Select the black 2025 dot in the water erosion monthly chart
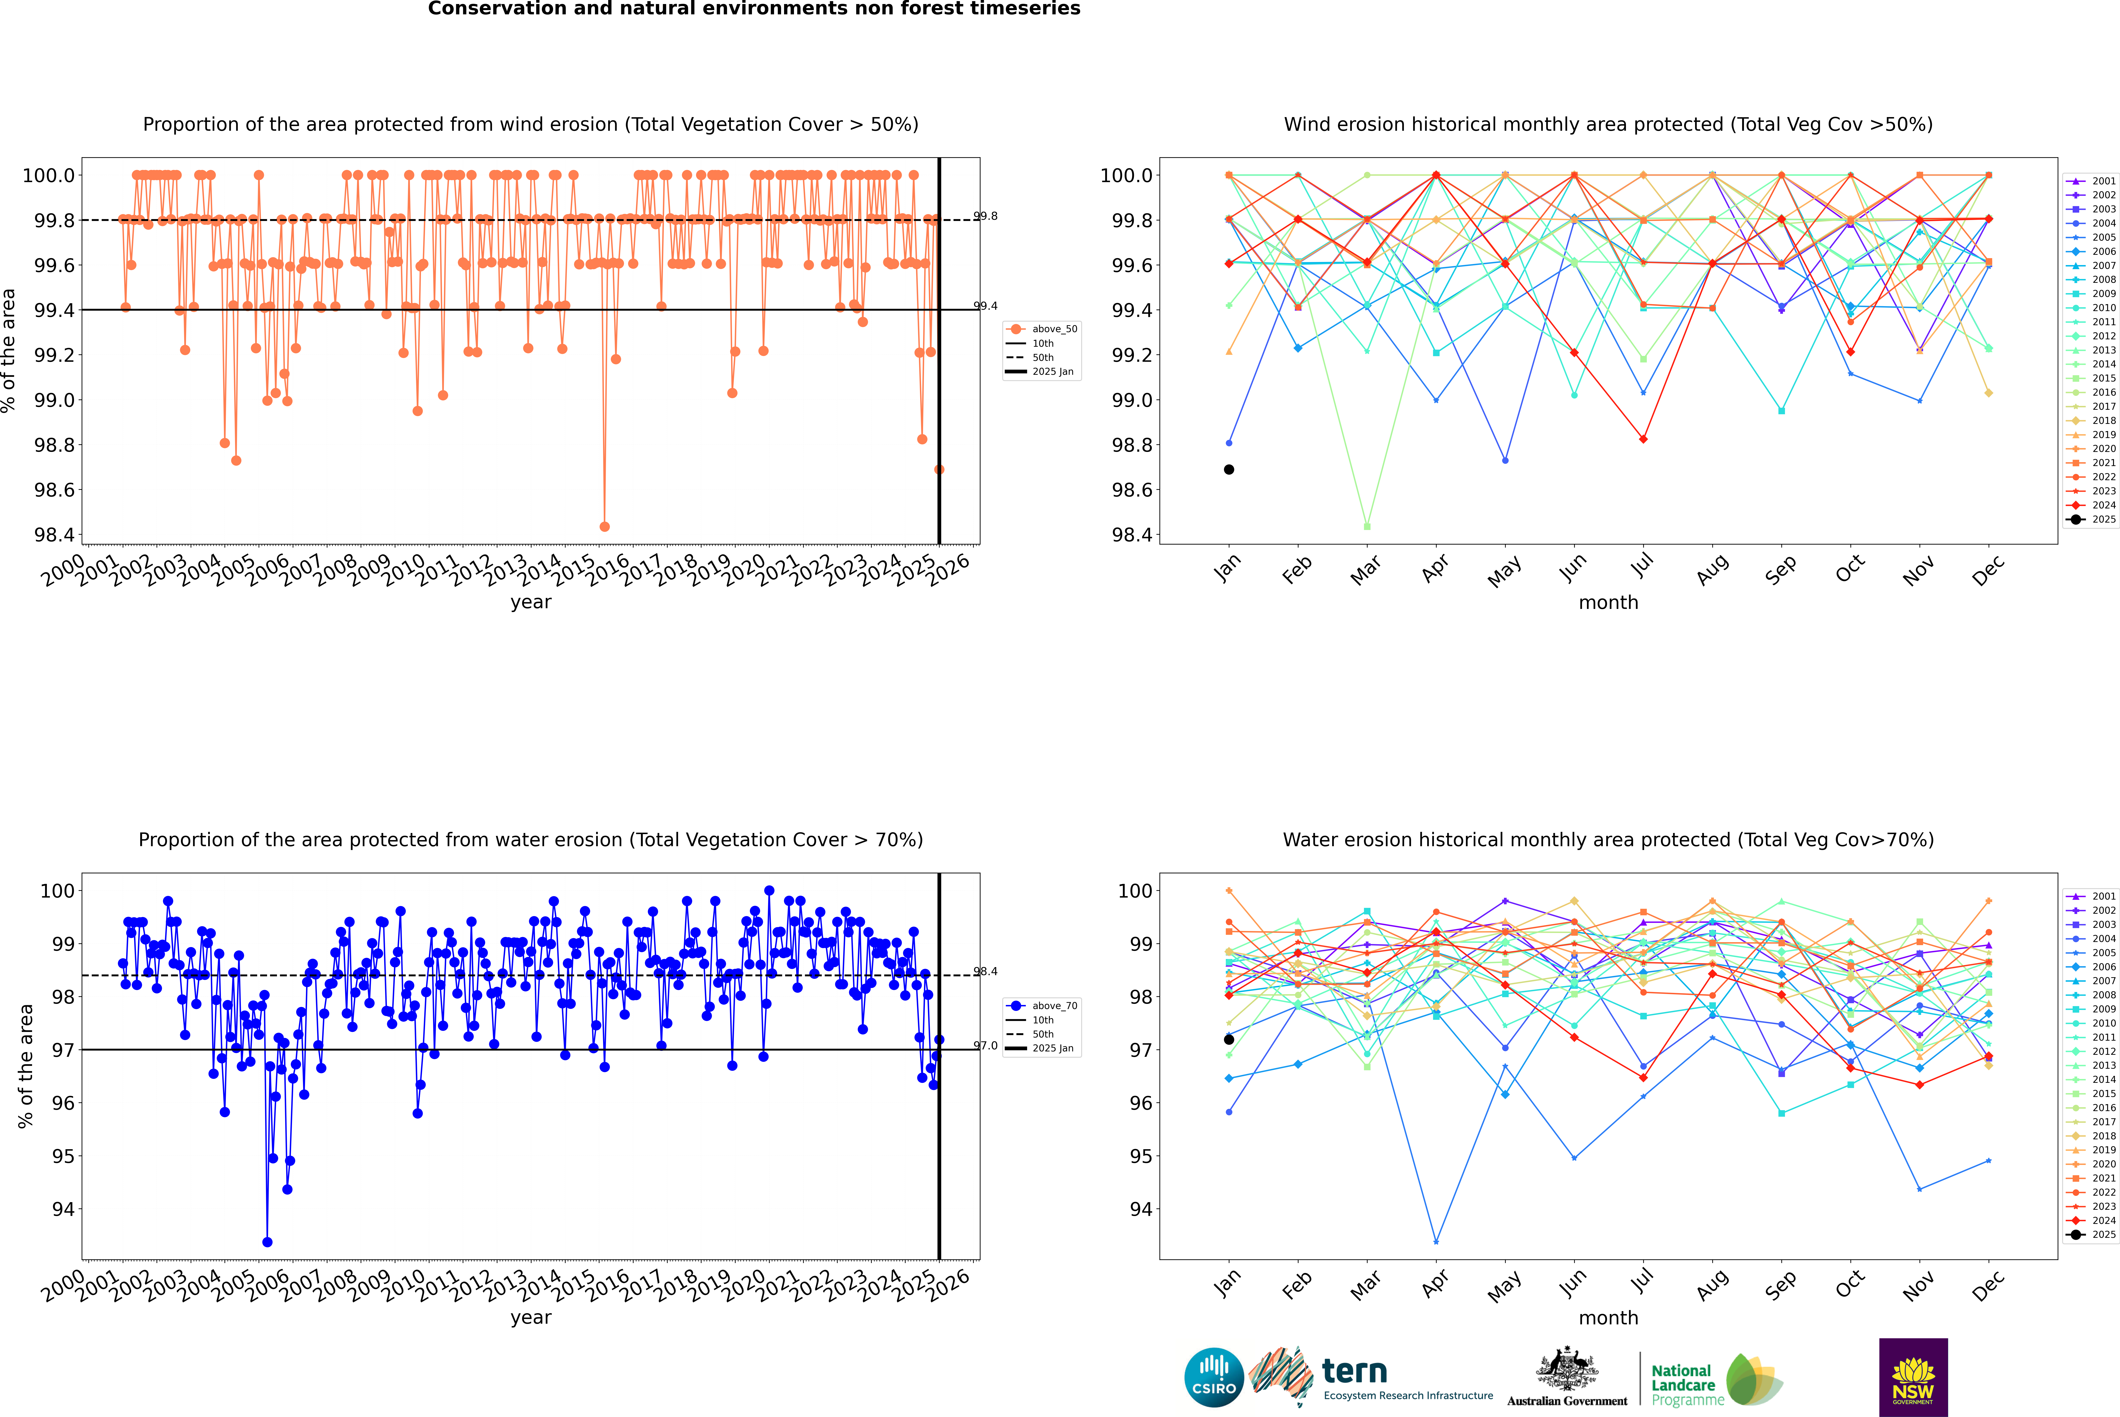click(1229, 1039)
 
